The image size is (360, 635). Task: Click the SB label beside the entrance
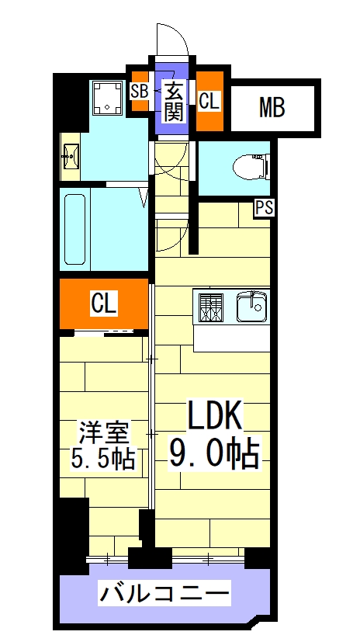(x=140, y=90)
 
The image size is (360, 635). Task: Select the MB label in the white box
(x=271, y=108)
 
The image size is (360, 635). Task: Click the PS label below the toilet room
(x=264, y=207)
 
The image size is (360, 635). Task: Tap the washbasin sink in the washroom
(x=72, y=158)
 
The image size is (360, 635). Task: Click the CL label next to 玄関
(x=209, y=101)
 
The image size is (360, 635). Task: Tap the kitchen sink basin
(x=251, y=307)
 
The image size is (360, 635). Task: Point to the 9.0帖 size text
(x=214, y=452)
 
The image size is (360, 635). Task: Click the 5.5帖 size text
(x=105, y=459)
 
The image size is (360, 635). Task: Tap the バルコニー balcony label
(x=164, y=595)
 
